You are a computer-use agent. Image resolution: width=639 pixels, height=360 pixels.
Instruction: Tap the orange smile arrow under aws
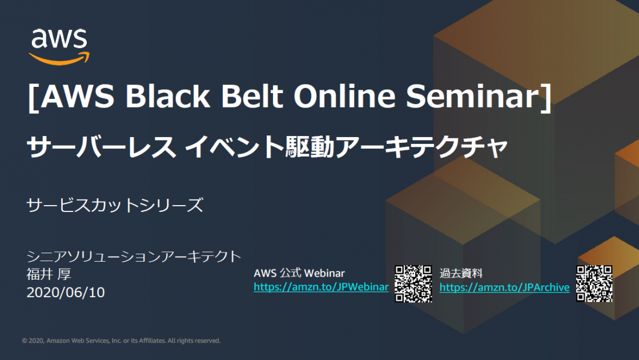pyautogui.click(x=59, y=57)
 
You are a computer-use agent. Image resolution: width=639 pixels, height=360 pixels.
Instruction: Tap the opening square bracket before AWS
pyautogui.click(x=33, y=98)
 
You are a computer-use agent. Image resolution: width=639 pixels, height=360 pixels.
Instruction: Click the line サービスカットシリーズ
pyautogui.click(x=115, y=205)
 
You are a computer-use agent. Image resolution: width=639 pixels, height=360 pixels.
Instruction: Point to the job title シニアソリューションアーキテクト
pyautogui.click(x=134, y=257)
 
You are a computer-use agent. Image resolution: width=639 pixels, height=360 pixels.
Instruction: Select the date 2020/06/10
pyautogui.click(x=66, y=293)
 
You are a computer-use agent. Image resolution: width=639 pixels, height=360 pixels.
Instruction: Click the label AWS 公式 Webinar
pyautogui.click(x=299, y=274)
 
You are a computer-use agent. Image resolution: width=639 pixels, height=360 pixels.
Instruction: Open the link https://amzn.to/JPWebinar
pyautogui.click(x=321, y=287)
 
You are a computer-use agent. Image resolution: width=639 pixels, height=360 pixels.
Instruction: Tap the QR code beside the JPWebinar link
pyautogui.click(x=413, y=283)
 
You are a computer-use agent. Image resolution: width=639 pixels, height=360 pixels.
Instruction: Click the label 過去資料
pyautogui.click(x=461, y=274)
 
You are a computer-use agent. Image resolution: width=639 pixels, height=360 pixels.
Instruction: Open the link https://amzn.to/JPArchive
pyautogui.click(x=504, y=287)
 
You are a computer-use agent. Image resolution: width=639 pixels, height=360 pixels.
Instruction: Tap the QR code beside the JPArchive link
pyautogui.click(x=594, y=283)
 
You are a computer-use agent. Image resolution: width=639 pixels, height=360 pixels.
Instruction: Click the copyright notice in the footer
pyautogui.click(x=121, y=341)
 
